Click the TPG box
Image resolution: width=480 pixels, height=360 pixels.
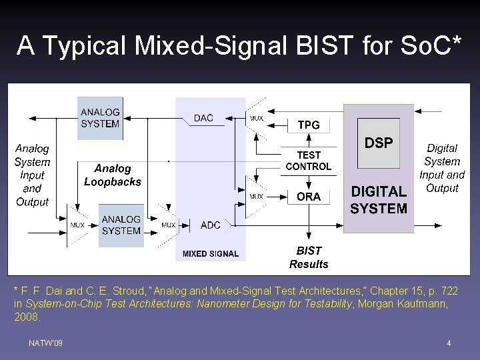tap(308, 125)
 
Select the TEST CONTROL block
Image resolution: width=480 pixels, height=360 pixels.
tap(308, 161)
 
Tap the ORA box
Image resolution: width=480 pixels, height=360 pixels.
tap(308, 197)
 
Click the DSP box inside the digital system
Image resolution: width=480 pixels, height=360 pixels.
tap(379, 143)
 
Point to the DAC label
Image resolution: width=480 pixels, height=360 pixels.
tap(203, 118)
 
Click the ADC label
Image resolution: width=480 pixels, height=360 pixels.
tap(210, 225)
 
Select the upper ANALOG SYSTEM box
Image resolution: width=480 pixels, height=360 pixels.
tap(100, 118)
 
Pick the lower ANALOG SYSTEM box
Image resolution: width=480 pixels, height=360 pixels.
tap(121, 225)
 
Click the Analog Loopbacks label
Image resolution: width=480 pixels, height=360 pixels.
tap(113, 175)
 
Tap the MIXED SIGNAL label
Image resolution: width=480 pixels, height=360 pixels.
tap(210, 254)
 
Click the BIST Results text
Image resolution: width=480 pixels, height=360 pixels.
tap(309, 257)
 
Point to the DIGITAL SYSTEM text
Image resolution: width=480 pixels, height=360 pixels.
tap(379, 200)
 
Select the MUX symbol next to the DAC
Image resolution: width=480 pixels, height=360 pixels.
tap(256, 119)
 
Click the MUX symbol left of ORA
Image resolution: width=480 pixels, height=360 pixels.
tap(256, 196)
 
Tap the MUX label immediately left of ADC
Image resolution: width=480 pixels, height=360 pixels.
tap(169, 225)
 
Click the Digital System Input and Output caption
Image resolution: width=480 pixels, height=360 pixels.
tap(442, 168)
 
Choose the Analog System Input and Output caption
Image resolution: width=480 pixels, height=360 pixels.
tap(32, 175)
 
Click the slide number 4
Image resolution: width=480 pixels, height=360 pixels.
tap(449, 343)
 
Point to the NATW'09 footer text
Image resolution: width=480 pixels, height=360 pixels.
tap(46, 343)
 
